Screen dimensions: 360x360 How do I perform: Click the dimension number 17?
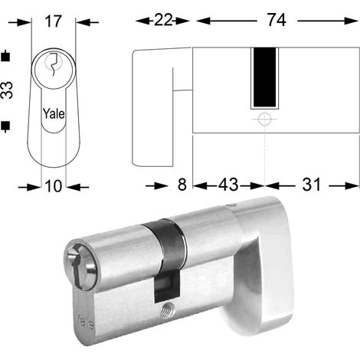click(x=54, y=21)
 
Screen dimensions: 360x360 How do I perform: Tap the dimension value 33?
click(x=7, y=90)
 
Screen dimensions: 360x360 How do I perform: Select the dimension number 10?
click(x=54, y=186)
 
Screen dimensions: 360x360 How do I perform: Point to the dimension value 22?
click(x=163, y=21)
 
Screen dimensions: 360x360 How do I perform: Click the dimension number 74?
click(x=277, y=21)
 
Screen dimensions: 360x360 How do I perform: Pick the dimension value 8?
click(x=182, y=185)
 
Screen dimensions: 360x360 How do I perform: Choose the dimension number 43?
click(x=228, y=185)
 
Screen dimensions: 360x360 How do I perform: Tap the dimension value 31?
click(x=311, y=185)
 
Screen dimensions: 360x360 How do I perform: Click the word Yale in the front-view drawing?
click(x=54, y=113)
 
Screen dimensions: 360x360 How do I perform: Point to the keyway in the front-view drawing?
click(x=54, y=64)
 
